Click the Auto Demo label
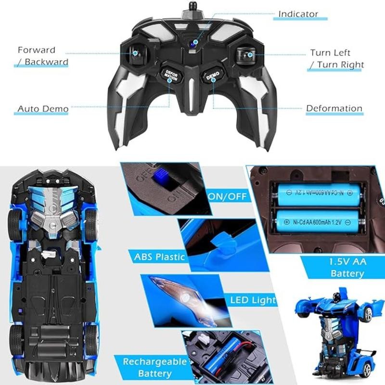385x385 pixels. (43, 109)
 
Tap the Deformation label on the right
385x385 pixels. (334, 108)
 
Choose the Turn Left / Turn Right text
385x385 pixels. (336, 59)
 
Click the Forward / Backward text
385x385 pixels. (42, 56)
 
